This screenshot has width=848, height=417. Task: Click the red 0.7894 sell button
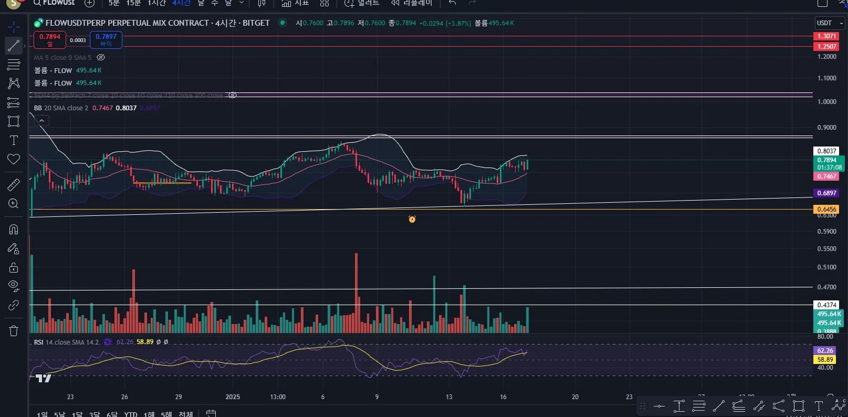pos(50,39)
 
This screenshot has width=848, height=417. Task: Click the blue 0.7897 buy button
pos(106,39)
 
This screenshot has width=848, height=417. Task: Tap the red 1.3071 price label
pos(826,36)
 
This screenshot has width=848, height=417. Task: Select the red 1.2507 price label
pos(826,46)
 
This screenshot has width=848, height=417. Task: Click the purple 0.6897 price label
pos(826,193)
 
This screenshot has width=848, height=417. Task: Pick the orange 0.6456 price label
pos(826,209)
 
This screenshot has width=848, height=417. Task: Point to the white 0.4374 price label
pos(826,305)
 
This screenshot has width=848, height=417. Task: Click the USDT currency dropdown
pos(829,23)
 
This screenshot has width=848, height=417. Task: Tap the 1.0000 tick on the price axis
pos(826,102)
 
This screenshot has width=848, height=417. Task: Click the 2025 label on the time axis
pos(233,397)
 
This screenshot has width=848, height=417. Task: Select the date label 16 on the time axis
pos(503,397)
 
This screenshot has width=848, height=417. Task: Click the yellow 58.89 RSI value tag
pos(825,360)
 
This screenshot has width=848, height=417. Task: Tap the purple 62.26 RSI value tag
pos(825,350)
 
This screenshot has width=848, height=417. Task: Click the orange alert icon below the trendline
pos(412,219)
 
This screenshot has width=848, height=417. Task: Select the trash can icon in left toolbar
pos(14,330)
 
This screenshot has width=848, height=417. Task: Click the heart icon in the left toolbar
pos(14,159)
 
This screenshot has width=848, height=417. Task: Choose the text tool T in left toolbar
pos(14,140)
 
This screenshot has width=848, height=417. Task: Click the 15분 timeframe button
pos(133,3)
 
